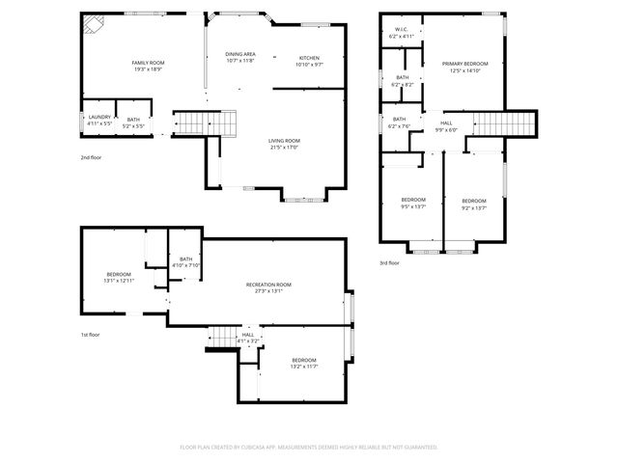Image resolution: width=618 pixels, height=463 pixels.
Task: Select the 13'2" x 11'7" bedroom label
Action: [x=304, y=363]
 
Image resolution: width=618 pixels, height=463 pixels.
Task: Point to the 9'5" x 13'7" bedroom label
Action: [x=413, y=203]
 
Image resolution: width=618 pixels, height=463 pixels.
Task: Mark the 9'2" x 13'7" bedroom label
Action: [x=473, y=203]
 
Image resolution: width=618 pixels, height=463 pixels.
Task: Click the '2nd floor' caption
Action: [x=93, y=156]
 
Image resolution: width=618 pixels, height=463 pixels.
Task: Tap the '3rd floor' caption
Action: [x=389, y=262]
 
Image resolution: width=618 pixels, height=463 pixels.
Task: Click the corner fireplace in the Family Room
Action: [x=93, y=23]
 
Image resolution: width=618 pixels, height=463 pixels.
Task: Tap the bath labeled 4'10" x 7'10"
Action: [x=185, y=261]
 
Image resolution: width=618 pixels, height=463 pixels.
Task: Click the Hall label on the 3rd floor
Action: [x=446, y=125]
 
